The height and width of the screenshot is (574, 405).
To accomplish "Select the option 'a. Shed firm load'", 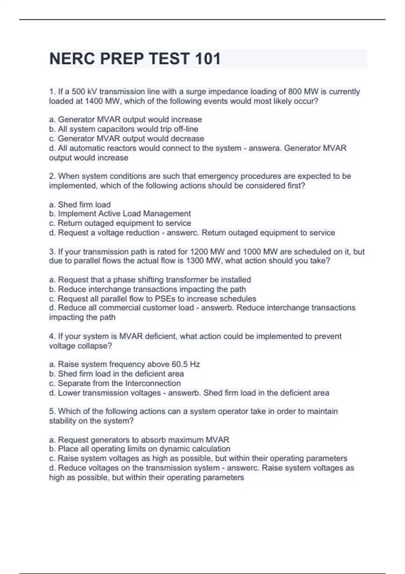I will (x=80, y=205).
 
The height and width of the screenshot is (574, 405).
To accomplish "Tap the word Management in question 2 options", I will (x=167, y=214).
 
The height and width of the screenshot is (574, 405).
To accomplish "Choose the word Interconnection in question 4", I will (x=153, y=384).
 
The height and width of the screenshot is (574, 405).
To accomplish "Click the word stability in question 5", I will (x=62, y=421).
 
